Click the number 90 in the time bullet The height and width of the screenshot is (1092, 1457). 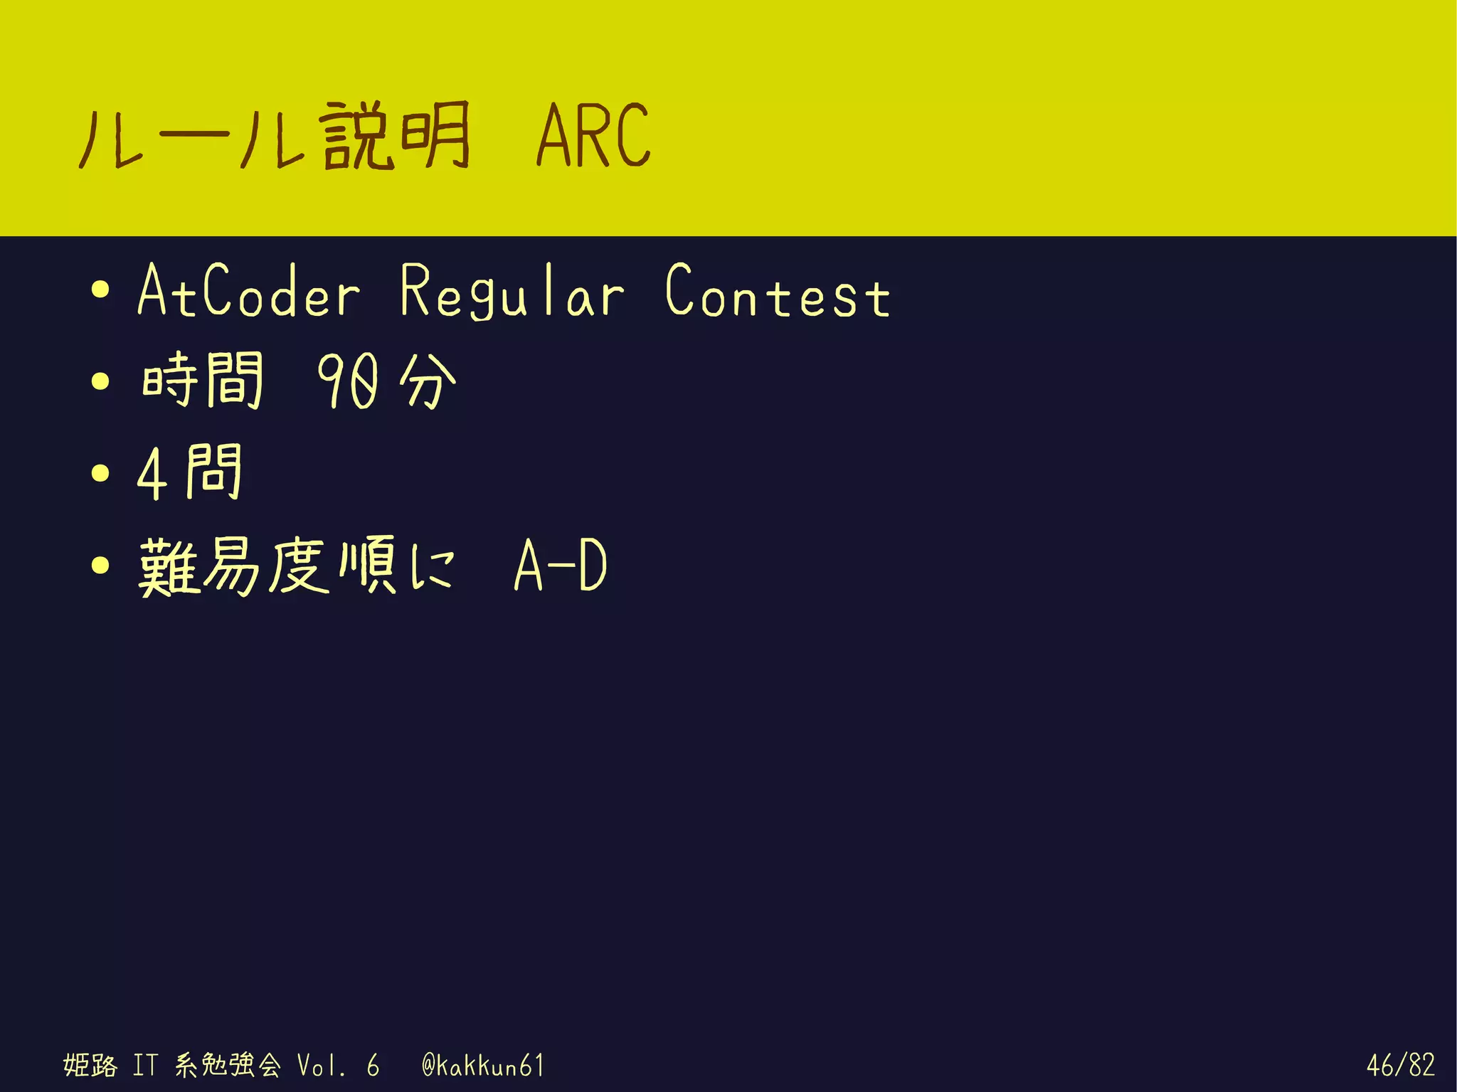347,382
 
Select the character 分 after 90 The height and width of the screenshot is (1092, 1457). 427,382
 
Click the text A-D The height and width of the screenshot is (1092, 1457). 561,566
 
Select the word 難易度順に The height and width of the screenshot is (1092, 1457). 295,566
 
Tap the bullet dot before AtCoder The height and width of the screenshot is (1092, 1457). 101,290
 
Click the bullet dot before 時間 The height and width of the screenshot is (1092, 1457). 101,381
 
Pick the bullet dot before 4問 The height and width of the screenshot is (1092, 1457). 101,473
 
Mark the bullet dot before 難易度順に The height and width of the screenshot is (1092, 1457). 101,565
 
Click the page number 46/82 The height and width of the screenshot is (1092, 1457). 1400,1065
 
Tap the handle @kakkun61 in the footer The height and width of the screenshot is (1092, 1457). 483,1065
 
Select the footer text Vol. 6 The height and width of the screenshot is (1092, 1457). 337,1065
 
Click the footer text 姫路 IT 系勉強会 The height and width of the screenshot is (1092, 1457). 171,1065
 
